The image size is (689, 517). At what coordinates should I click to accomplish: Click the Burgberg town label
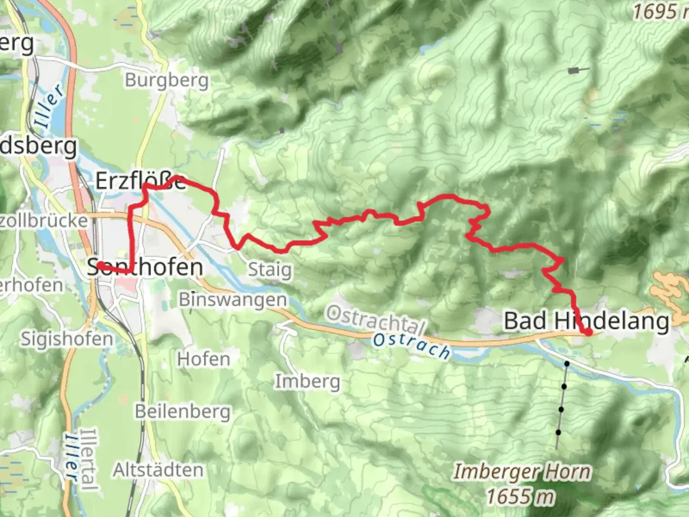[167, 80]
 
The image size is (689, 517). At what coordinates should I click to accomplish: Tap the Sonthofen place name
[145, 267]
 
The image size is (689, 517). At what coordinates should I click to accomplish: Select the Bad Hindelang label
[587, 321]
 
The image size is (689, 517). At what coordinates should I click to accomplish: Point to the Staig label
[270, 270]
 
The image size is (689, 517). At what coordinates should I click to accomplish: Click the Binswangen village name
[233, 300]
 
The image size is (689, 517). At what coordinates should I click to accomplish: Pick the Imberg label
[307, 382]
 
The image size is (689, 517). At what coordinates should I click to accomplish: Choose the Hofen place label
[204, 359]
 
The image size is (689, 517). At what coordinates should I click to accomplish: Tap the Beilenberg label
[182, 411]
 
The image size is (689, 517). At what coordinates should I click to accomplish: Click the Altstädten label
[158, 470]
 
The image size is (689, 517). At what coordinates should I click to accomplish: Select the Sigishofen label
[67, 339]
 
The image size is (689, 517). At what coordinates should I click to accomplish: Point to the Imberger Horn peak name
[522, 472]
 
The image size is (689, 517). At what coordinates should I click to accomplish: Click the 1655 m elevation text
[521, 496]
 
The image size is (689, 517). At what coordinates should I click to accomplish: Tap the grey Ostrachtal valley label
[376, 320]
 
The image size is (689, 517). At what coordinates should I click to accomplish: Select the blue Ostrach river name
[411, 346]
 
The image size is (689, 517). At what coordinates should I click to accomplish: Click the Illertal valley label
[89, 460]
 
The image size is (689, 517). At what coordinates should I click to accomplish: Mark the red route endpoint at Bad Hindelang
[588, 332]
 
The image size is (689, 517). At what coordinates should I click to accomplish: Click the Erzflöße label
[140, 181]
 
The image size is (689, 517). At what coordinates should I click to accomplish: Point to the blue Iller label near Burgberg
[49, 106]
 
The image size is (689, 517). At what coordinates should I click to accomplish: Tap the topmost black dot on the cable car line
[567, 364]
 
